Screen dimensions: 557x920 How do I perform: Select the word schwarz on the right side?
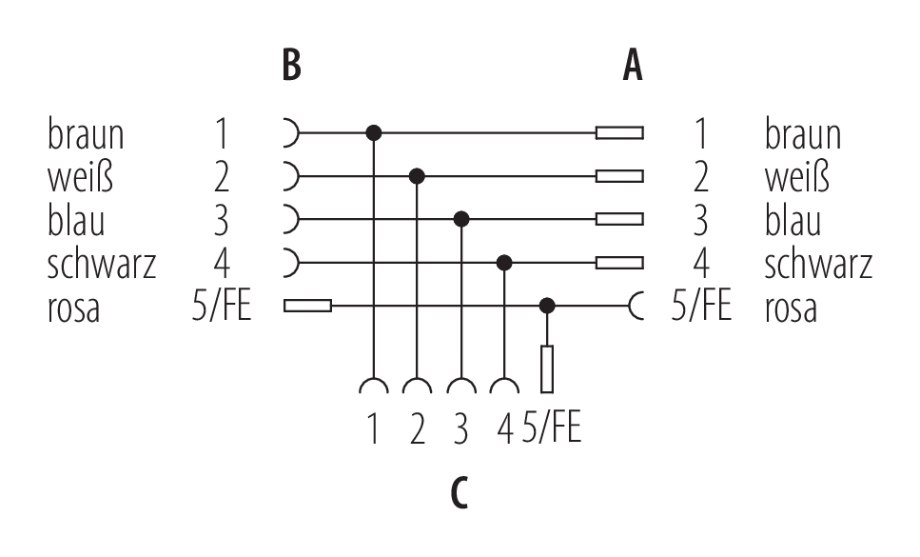[818, 263]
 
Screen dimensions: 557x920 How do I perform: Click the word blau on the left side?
[76, 220]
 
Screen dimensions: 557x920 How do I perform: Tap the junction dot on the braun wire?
[374, 132]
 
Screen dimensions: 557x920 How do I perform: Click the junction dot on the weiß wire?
[417, 176]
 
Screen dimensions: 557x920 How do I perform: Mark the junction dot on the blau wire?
[461, 219]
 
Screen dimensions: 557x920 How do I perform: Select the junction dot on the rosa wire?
[547, 306]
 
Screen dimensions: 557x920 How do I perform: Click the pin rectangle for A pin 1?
[618, 132]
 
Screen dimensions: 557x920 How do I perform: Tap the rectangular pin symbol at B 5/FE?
[307, 306]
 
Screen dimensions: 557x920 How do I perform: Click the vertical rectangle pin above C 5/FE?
[547, 368]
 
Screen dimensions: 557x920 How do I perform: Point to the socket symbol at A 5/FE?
[636, 306]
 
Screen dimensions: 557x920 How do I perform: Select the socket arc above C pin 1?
[374, 386]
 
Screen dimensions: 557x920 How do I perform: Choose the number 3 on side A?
[699, 220]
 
